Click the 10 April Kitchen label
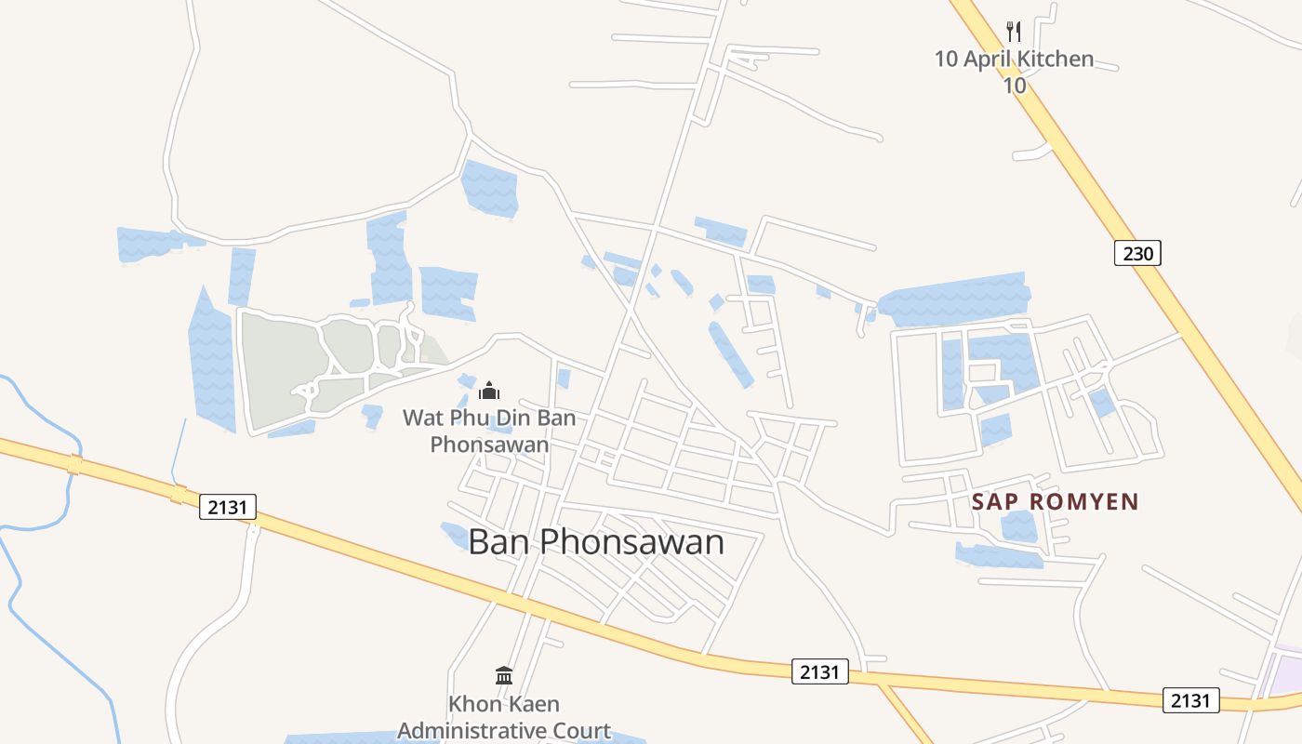[1014, 60]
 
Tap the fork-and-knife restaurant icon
[1014, 32]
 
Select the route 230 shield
[1137, 252]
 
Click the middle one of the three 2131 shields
[819, 671]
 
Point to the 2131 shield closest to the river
[227, 507]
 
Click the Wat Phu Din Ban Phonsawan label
[489, 431]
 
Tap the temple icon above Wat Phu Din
[489, 391]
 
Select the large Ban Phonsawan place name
[595, 541]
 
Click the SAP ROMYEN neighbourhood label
[1055, 502]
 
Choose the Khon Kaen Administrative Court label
[504, 717]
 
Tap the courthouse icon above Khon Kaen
[504, 675]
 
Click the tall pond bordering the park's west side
[211, 363]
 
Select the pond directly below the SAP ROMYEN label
[1019, 526]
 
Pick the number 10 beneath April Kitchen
[1014, 86]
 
